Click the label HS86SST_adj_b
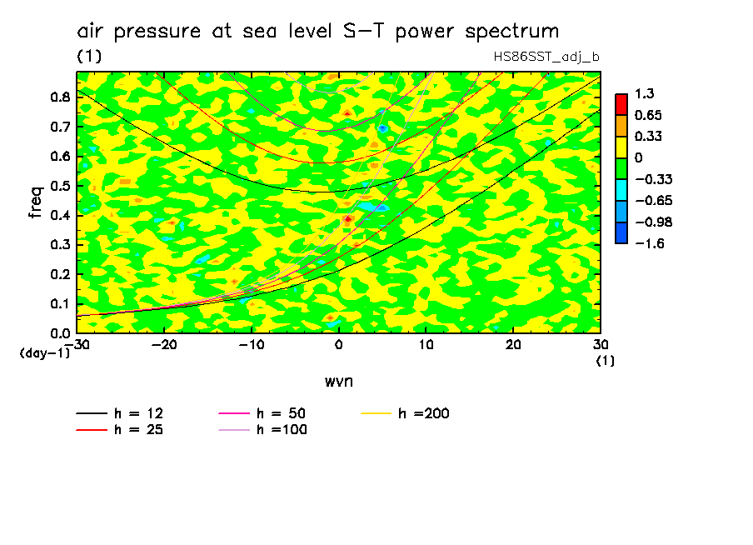[546, 57]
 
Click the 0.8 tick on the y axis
[60, 97]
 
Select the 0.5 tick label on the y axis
[60, 186]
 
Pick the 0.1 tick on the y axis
[60, 303]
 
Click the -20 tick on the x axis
[164, 344]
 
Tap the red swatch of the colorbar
[621, 104]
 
